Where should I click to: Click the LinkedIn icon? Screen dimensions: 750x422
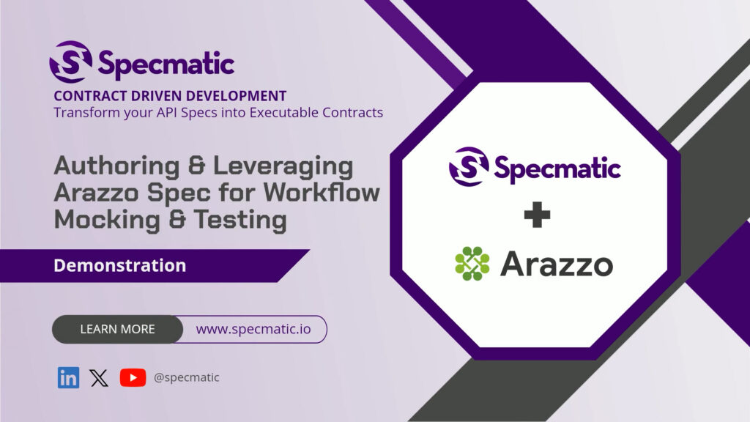pyautogui.click(x=68, y=377)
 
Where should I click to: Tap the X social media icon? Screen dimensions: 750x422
pyautogui.click(x=99, y=378)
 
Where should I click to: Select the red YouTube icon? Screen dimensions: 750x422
pyautogui.click(x=133, y=377)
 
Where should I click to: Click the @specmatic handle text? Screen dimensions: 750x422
pyautogui.click(x=187, y=377)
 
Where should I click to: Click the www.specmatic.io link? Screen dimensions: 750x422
pyautogui.click(x=253, y=329)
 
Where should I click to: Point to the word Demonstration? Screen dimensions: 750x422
pyautogui.click(x=119, y=265)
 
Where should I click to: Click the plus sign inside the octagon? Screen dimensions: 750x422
pyautogui.click(x=537, y=215)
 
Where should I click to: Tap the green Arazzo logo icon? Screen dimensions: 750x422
pyautogui.click(x=472, y=263)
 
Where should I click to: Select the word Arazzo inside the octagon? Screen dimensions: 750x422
pyautogui.click(x=557, y=264)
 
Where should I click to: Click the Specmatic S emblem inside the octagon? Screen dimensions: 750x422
pyautogui.click(x=469, y=166)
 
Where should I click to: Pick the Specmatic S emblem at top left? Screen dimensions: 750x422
pyautogui.click(x=71, y=62)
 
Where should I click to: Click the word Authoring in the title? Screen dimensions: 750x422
pyautogui.click(x=116, y=167)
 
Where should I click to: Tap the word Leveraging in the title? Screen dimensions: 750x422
pyautogui.click(x=283, y=167)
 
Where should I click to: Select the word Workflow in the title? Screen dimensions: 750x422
pyautogui.click(x=322, y=193)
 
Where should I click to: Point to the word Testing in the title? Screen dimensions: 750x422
pyautogui.click(x=240, y=220)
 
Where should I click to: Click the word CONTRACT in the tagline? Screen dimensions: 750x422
pyautogui.click(x=90, y=96)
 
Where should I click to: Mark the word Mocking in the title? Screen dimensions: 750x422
pyautogui.click(x=107, y=220)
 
